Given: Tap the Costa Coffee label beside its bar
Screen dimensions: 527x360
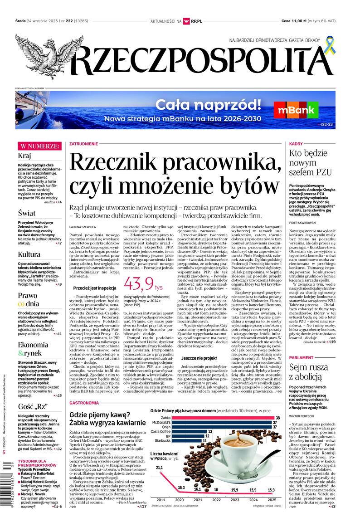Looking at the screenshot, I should [161, 431].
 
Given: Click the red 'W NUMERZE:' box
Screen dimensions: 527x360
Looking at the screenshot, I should [39, 146].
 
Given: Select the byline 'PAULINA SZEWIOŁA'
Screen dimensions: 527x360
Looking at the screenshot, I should [83, 226].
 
